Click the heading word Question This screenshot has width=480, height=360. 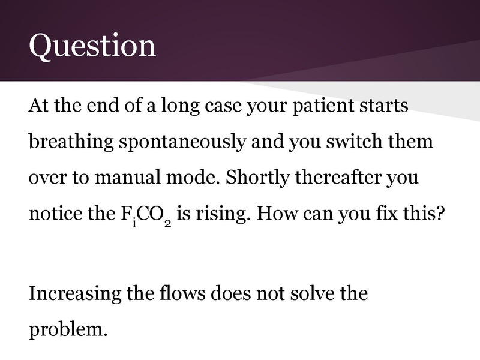click(92, 46)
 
